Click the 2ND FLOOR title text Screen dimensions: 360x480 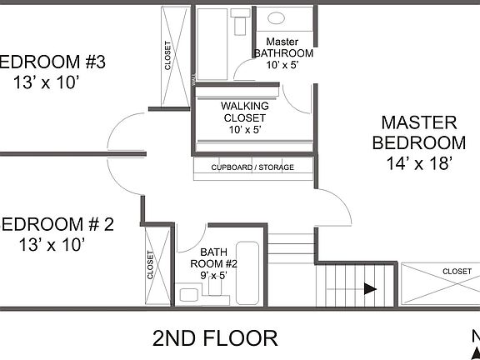tap(215, 338)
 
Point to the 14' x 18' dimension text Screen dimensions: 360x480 tap(418, 163)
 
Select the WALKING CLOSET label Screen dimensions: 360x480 tap(244, 112)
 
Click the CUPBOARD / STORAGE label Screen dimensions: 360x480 tap(252, 167)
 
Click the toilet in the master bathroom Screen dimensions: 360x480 tap(241, 21)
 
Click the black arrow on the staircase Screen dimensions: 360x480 tap(369, 288)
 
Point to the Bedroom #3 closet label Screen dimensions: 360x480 tap(168, 56)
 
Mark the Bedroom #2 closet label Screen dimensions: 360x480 tap(151, 265)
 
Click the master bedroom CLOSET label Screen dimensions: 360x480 tap(457, 271)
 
